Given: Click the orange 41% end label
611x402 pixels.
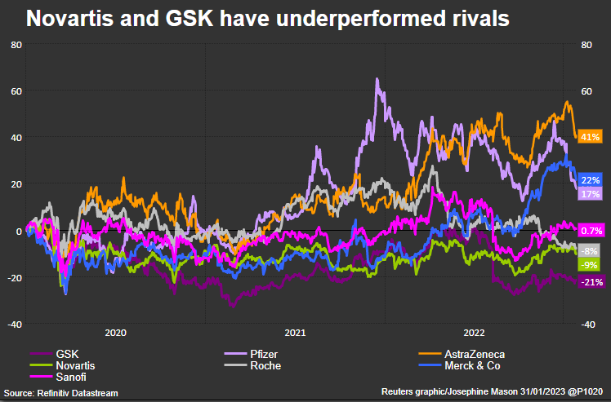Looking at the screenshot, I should pos(590,137).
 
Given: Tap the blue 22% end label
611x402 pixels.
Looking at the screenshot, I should pos(590,180).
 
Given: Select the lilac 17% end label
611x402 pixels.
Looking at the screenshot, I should pos(590,194).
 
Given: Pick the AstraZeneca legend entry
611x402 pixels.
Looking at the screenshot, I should pos(475,355).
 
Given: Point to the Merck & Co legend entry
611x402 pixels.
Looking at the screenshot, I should pos(473,366).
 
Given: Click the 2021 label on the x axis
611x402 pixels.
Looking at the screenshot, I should pos(295,333).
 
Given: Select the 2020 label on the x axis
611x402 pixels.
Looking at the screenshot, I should pos(115,333).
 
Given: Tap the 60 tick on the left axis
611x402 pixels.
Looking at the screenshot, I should pos(16,91).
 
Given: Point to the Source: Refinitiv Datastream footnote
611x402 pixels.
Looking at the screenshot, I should pos(60,394).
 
